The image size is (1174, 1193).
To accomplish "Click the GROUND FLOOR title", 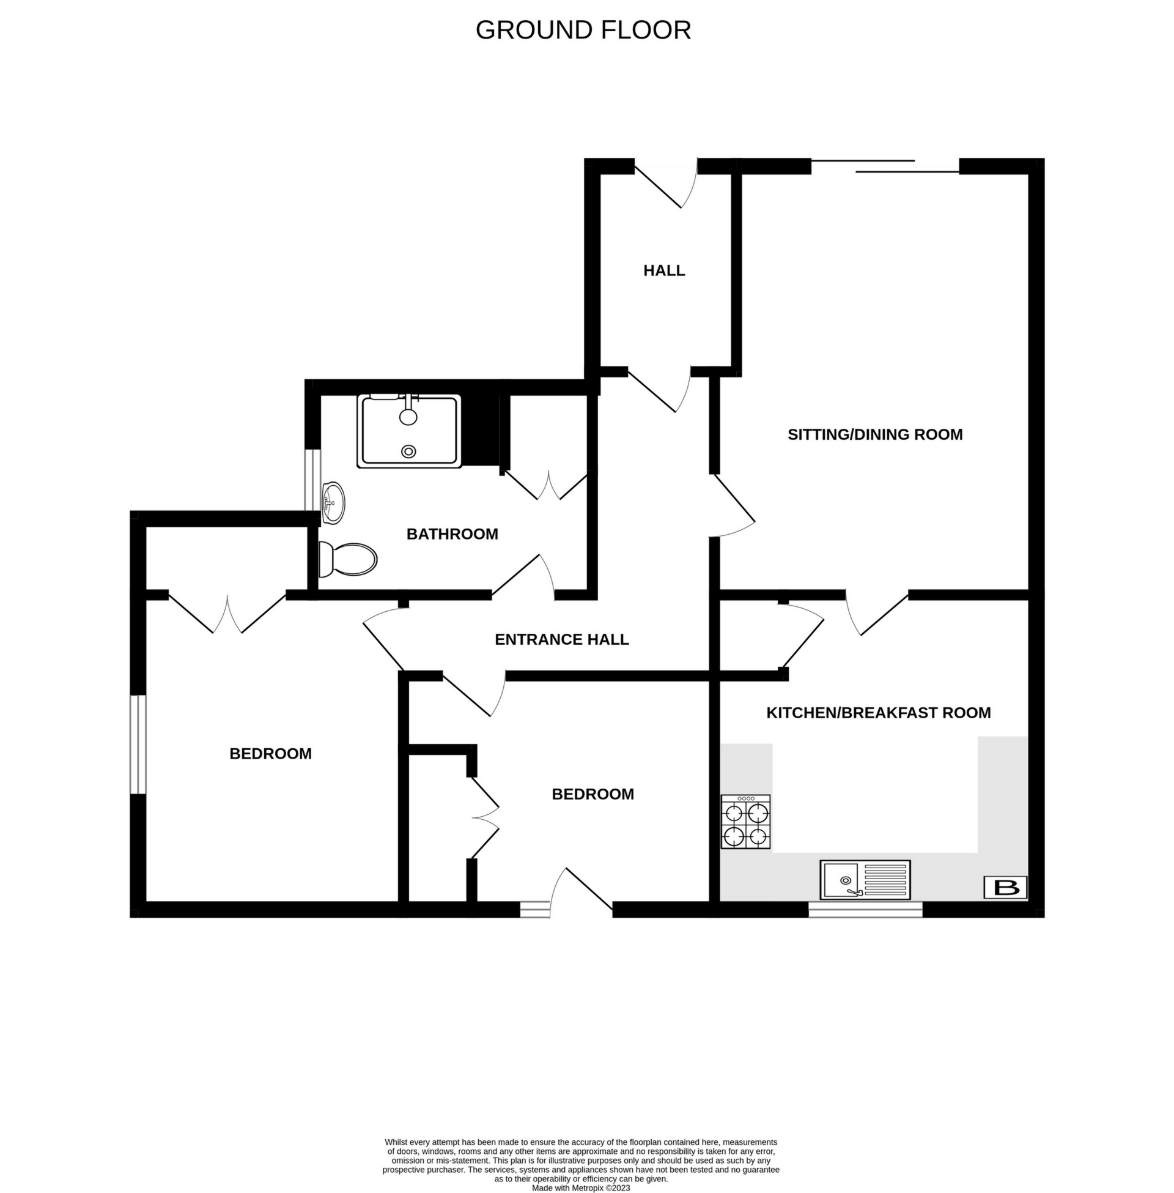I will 583,30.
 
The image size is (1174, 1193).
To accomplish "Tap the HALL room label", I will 664,270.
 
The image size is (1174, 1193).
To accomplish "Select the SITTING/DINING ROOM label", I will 874,434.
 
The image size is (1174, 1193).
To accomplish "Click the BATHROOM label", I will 452,533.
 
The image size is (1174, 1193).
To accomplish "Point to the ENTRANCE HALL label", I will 561,639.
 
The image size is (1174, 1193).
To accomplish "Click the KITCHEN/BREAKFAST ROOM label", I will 878,713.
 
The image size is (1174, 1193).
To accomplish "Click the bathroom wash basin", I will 334,502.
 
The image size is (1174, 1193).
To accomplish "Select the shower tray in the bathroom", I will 409,431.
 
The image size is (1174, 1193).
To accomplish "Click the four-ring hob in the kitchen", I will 746,822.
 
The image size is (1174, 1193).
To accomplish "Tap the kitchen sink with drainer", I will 865,880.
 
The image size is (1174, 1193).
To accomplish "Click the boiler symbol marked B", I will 1005,887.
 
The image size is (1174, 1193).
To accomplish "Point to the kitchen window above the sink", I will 865,909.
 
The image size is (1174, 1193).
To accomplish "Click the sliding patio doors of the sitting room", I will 884,165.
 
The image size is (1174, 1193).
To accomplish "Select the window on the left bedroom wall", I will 138,744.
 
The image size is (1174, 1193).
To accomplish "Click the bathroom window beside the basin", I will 314,480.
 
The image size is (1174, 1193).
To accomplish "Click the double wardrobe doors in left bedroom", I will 227,613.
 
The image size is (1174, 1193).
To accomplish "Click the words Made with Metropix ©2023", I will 580,1187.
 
